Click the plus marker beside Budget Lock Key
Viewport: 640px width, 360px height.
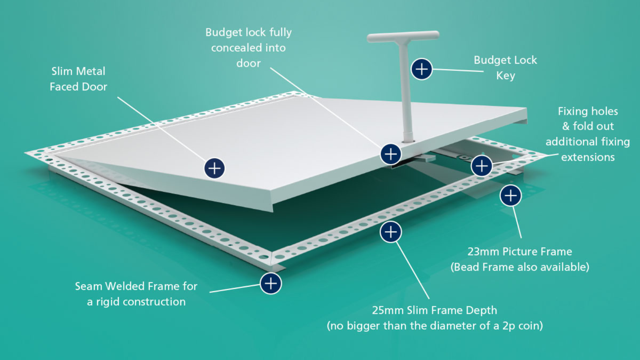click(x=422, y=69)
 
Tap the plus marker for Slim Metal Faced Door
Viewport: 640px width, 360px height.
click(x=214, y=168)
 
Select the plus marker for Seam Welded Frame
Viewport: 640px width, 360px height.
click(x=270, y=284)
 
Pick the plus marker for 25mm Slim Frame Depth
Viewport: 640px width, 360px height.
click(x=390, y=232)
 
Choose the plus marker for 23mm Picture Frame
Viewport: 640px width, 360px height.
click(x=510, y=196)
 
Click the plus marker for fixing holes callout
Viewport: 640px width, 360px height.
click(x=482, y=166)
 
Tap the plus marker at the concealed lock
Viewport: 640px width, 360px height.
click(x=390, y=154)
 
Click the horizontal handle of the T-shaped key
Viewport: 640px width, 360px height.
click(x=403, y=36)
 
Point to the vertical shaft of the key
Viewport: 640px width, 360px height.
click(x=406, y=92)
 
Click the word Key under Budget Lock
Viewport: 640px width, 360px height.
click(x=506, y=76)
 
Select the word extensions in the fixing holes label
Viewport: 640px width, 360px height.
click(x=588, y=157)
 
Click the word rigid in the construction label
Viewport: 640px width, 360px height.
click(x=108, y=302)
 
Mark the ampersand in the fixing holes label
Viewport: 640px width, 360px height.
click(x=566, y=126)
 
